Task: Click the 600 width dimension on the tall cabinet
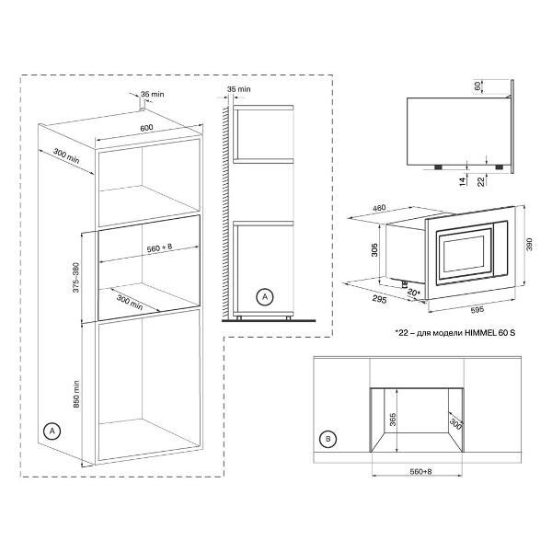[x=146, y=128]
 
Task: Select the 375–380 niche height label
[x=76, y=278]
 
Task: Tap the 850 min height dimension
[x=76, y=394]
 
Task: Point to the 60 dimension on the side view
[x=477, y=86]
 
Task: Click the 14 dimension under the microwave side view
[x=463, y=181]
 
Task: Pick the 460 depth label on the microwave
[x=379, y=208]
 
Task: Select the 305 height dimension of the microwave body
[x=374, y=249]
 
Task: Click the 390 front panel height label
[x=529, y=245]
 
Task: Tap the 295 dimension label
[x=379, y=299]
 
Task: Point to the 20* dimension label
[x=414, y=293]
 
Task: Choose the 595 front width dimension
[x=477, y=310]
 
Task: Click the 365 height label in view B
[x=393, y=420]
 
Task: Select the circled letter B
[x=328, y=439]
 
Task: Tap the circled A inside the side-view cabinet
[x=265, y=297]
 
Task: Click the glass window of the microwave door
[x=464, y=254]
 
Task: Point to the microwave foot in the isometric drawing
[x=405, y=282]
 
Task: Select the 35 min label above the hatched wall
[x=239, y=89]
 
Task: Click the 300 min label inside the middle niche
[x=130, y=303]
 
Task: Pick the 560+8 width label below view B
[x=420, y=471]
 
